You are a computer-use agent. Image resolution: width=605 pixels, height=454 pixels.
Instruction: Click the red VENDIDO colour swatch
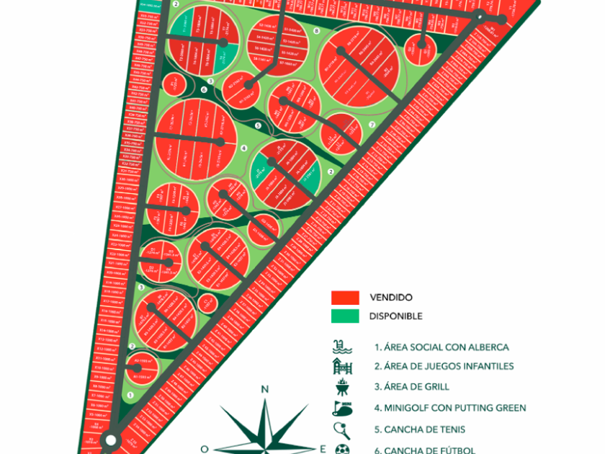point(344,297)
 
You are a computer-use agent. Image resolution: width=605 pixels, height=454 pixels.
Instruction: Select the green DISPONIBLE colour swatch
point(344,316)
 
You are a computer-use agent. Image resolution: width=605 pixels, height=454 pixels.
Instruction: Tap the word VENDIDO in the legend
point(390,297)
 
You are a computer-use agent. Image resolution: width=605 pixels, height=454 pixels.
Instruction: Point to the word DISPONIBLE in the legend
point(395,316)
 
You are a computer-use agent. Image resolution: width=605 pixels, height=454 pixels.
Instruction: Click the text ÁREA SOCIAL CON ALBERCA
point(441,347)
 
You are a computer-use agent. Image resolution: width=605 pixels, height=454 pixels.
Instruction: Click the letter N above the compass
point(264,390)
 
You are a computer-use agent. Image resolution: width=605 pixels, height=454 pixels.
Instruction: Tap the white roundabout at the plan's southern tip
point(111,440)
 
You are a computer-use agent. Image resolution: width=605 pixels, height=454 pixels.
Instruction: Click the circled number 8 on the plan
point(317,31)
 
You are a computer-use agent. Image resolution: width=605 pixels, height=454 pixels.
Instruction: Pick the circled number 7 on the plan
point(372,125)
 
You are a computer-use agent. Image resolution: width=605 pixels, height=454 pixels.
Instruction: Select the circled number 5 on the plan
point(258,125)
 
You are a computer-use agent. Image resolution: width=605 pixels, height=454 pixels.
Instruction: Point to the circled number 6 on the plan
point(204,90)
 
